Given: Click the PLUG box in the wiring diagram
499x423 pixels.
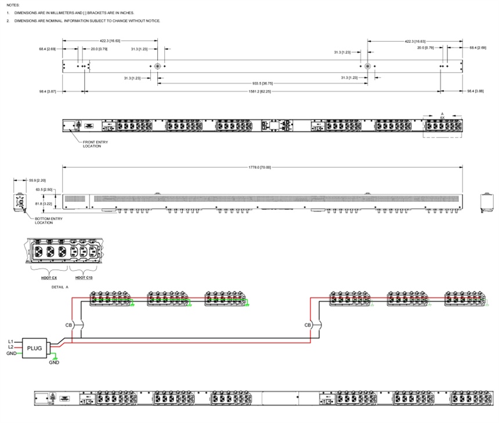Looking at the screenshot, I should click(x=35, y=348).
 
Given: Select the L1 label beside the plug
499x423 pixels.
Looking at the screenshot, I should click(x=10, y=342).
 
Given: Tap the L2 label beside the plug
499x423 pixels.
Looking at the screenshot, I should click(x=10, y=347).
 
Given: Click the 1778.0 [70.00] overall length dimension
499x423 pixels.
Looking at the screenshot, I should click(x=260, y=167).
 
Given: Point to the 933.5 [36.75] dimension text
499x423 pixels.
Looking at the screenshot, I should click(x=261, y=83).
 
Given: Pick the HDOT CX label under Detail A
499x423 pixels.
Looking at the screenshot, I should click(x=49, y=278).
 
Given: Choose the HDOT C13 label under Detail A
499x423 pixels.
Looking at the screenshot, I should click(x=84, y=278).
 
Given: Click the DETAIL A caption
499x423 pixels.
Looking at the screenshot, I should click(x=60, y=287).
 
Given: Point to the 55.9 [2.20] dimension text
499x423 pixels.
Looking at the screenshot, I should click(x=38, y=180).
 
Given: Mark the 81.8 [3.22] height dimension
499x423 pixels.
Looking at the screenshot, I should click(x=44, y=203).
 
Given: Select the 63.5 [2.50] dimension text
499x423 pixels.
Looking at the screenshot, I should click(x=44, y=189).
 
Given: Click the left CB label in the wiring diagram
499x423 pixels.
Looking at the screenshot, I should click(x=69, y=325).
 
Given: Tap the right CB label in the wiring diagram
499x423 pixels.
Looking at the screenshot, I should click(x=308, y=325).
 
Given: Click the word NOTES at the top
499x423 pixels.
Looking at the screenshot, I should click(x=13, y=5).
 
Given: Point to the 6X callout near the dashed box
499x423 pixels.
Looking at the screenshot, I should click(x=442, y=118).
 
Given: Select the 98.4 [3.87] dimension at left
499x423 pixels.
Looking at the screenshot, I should click(x=47, y=91).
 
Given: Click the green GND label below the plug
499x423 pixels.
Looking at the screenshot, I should click(x=54, y=363).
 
